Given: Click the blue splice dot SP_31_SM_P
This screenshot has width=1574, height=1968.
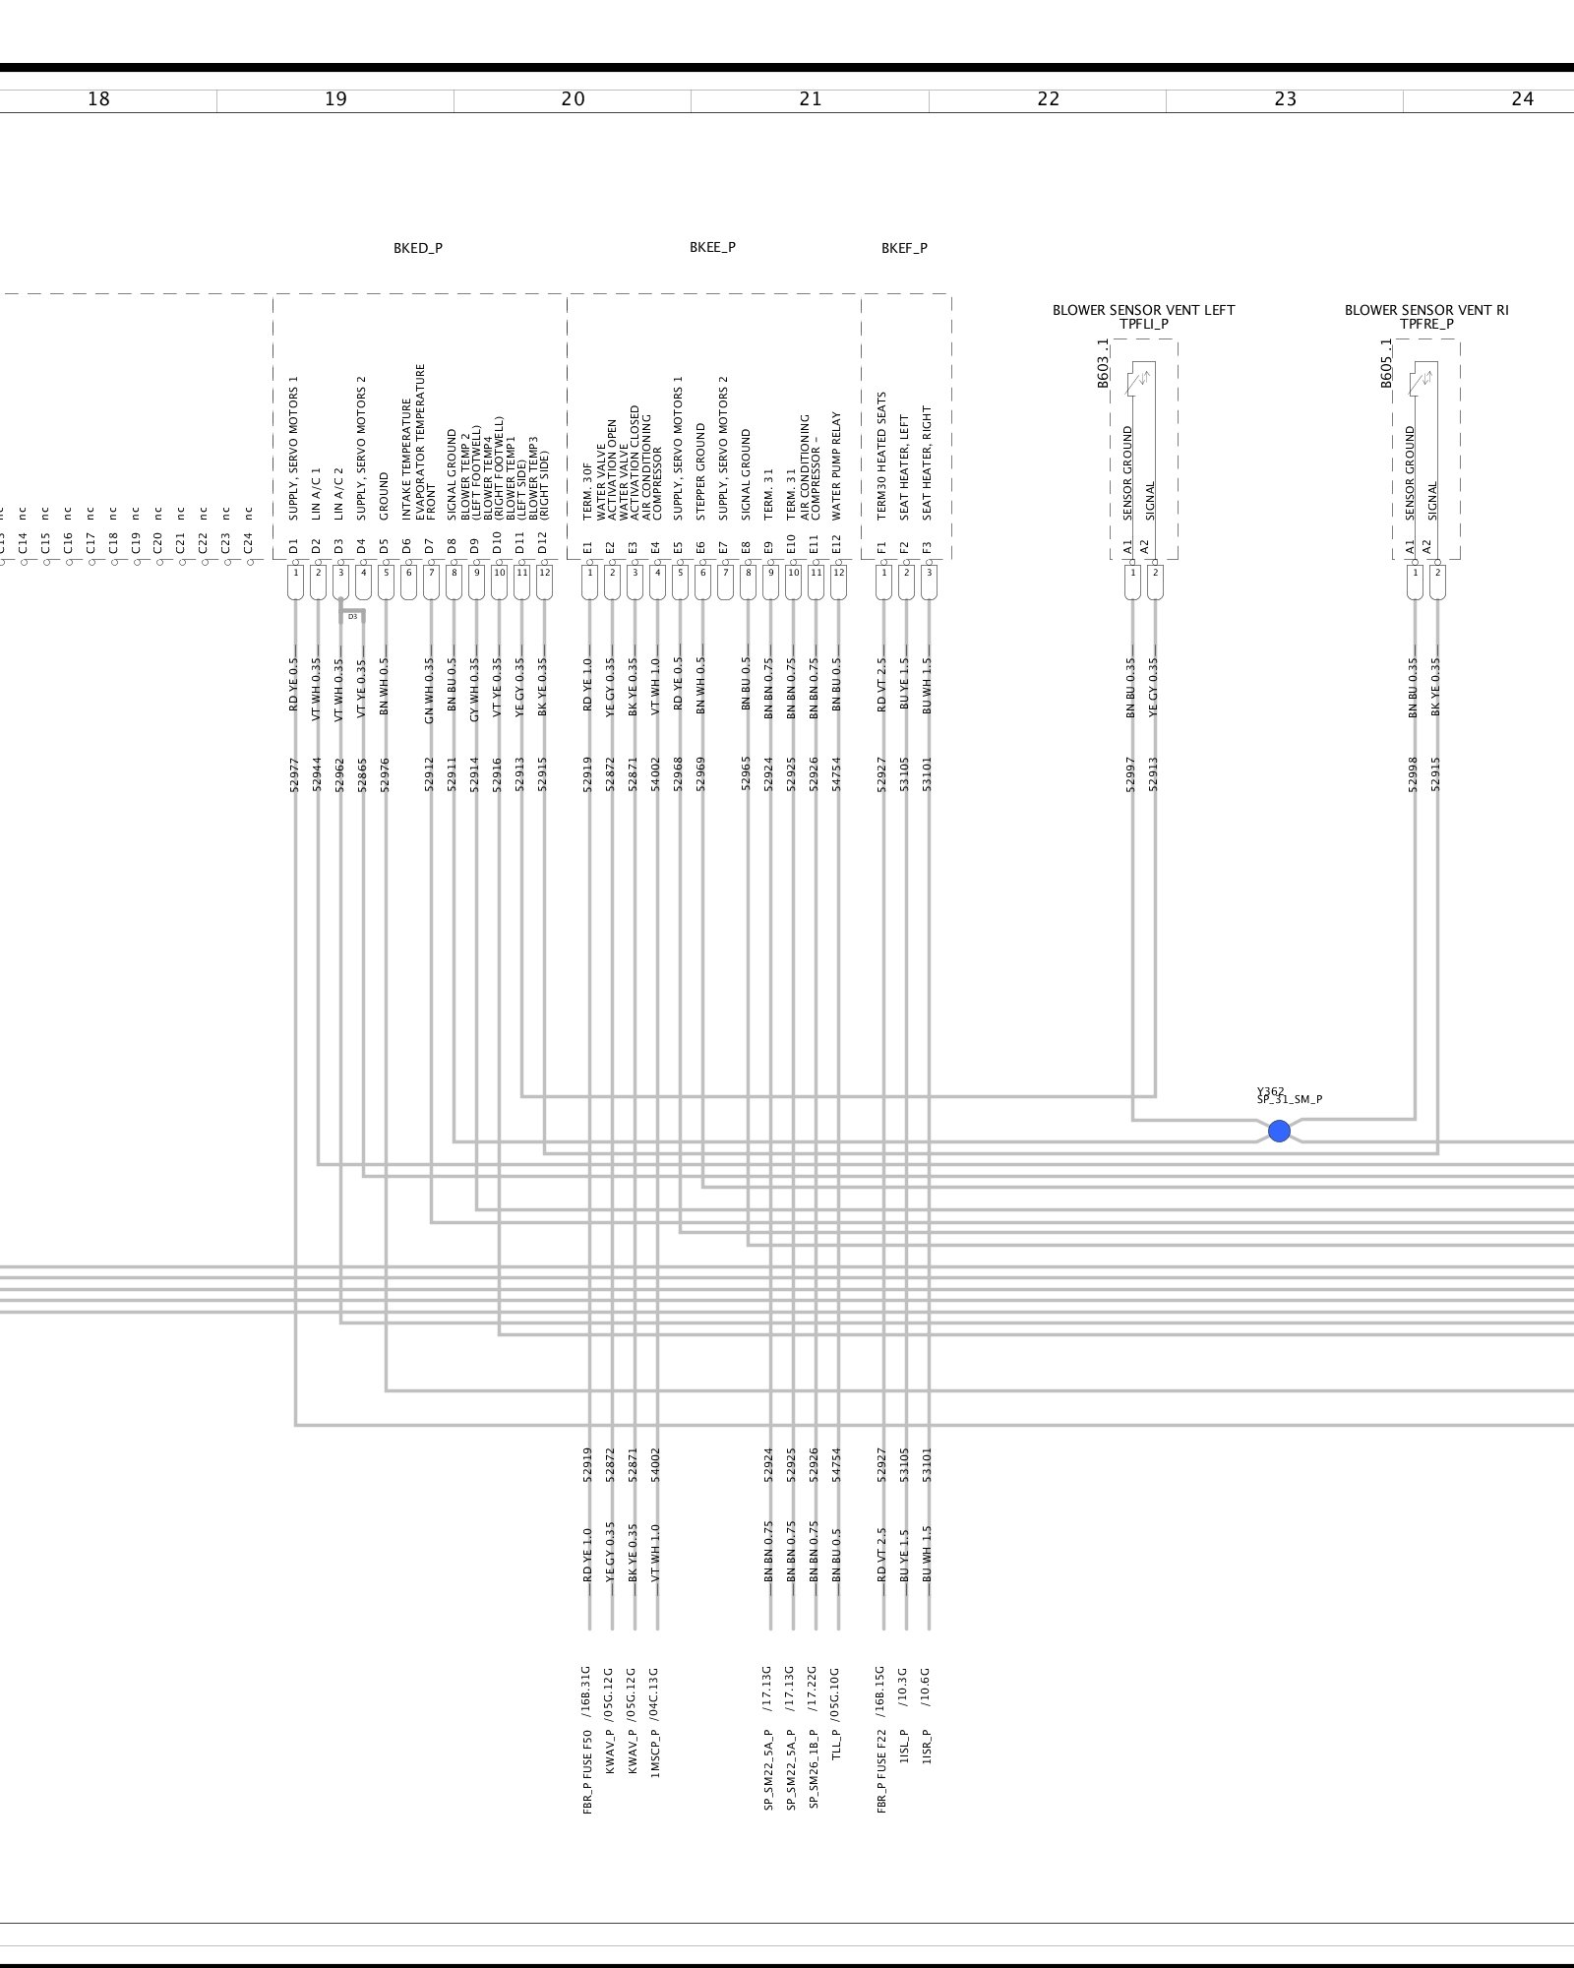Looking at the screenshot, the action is click(x=1279, y=1131).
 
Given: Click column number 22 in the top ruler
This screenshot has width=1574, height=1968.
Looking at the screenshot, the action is click(x=1048, y=99).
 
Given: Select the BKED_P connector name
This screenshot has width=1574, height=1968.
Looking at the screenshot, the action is click(x=418, y=248).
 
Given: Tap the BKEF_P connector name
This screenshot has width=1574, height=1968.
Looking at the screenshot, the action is click(x=904, y=248).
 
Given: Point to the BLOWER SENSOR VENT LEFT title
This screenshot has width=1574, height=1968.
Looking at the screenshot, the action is click(x=1143, y=310).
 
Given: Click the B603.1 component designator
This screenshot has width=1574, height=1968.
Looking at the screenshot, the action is click(x=1103, y=363).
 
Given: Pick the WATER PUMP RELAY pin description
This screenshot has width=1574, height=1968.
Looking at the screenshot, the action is click(x=837, y=465).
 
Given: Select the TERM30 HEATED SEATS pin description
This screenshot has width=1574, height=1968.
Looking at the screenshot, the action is click(x=882, y=456).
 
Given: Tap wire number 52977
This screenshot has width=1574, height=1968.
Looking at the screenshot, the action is click(x=293, y=774).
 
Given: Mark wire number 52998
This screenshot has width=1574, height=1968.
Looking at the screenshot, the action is click(x=1414, y=774).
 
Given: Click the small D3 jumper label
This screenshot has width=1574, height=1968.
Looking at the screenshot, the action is click(x=352, y=617).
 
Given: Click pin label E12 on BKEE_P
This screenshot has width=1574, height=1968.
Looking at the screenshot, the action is click(x=837, y=547).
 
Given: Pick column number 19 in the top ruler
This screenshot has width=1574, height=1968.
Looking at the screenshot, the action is click(x=335, y=99).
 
